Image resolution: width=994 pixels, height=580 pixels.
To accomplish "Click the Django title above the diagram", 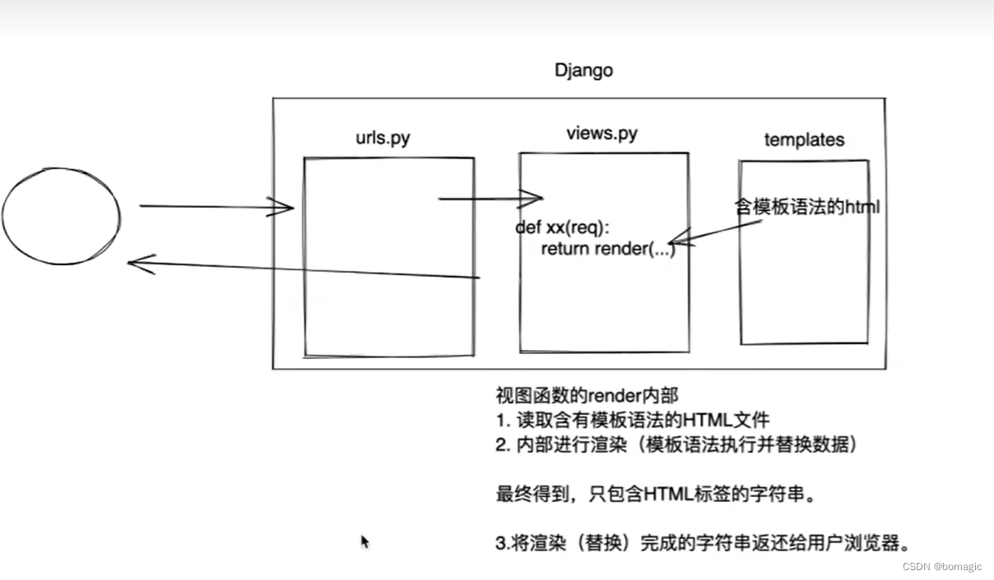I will coord(584,70).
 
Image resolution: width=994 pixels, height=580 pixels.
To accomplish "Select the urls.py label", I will coord(382,137).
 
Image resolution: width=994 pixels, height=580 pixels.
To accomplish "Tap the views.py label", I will coord(602,133).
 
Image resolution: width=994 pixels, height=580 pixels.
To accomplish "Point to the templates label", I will coord(804,140).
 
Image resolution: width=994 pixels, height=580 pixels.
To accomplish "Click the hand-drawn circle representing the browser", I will coord(61,218).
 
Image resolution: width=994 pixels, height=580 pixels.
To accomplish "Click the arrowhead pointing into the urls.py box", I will coord(284,207).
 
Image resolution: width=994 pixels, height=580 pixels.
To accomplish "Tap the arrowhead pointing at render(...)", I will coord(685,241).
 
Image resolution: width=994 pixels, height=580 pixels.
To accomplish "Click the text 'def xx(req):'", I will coord(564,228).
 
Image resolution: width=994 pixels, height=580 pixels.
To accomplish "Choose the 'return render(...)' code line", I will coord(608,249).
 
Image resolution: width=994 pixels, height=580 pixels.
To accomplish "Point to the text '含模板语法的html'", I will coord(807,207).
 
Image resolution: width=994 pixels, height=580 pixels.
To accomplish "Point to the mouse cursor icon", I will coord(365,542).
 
